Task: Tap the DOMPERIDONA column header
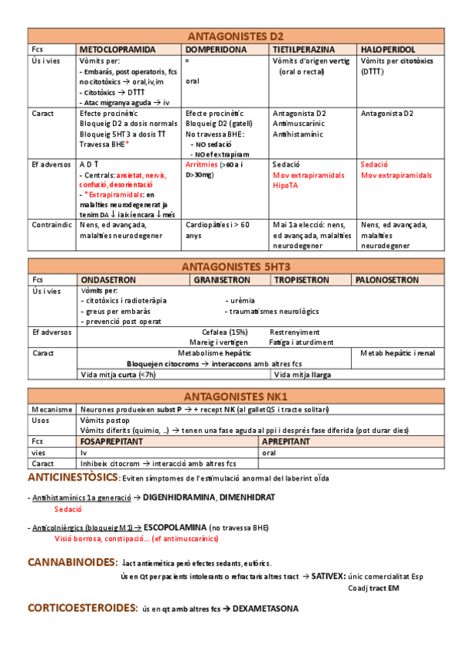[216, 48]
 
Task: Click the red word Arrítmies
[202, 164]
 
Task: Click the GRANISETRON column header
[227, 280]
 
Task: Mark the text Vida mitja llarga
[303, 375]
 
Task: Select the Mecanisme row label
[52, 410]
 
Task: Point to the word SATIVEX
[328, 576]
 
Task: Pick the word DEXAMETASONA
[266, 609]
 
